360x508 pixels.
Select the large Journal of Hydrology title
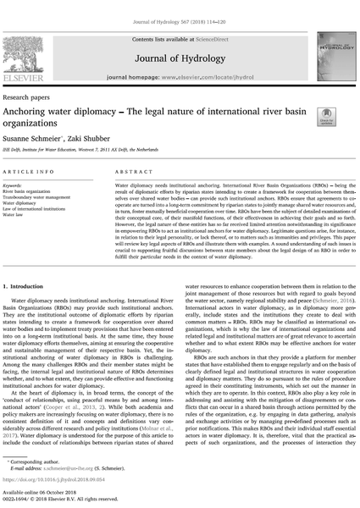point(180,43)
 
